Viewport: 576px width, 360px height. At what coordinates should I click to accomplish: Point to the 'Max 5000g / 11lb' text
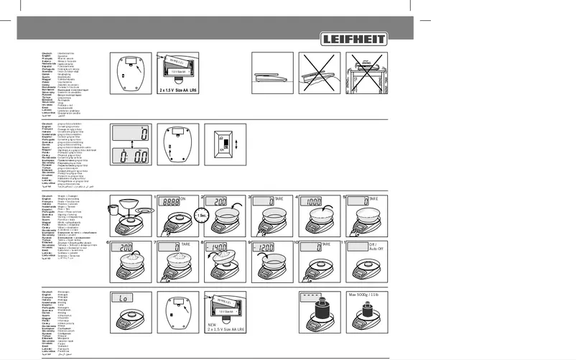366,295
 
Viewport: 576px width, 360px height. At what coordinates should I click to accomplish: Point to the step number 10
295,244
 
